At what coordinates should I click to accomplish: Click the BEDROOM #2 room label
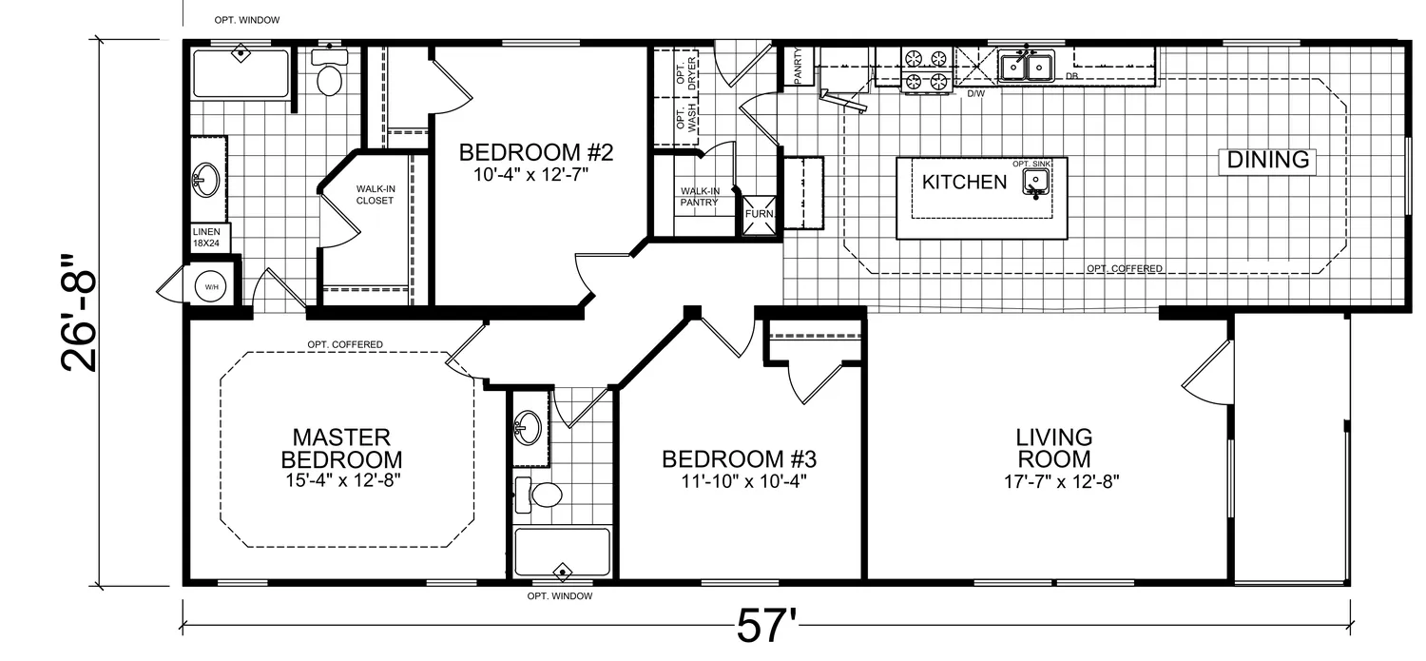pos(535,153)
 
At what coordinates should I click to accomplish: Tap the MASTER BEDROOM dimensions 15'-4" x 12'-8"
pos(342,480)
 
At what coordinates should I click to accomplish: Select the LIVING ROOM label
pos(1054,448)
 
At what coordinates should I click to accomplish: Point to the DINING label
pos(1267,160)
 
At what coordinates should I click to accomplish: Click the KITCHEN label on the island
pos(965,182)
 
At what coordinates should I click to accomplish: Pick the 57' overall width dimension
pos(766,627)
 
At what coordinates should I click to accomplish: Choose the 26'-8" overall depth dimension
pos(79,313)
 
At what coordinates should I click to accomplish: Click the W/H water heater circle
pos(211,287)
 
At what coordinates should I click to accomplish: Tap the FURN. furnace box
pos(761,215)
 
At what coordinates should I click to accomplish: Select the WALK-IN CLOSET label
pos(375,195)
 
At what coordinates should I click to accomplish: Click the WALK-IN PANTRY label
pos(699,197)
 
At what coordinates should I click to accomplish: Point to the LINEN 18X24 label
pos(206,238)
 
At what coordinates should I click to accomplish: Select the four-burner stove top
pos(926,70)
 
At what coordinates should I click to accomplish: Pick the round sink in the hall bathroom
pos(528,427)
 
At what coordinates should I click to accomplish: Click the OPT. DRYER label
pos(686,70)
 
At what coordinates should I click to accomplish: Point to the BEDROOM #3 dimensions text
pos(743,481)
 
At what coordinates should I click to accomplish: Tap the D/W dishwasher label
pos(976,93)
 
